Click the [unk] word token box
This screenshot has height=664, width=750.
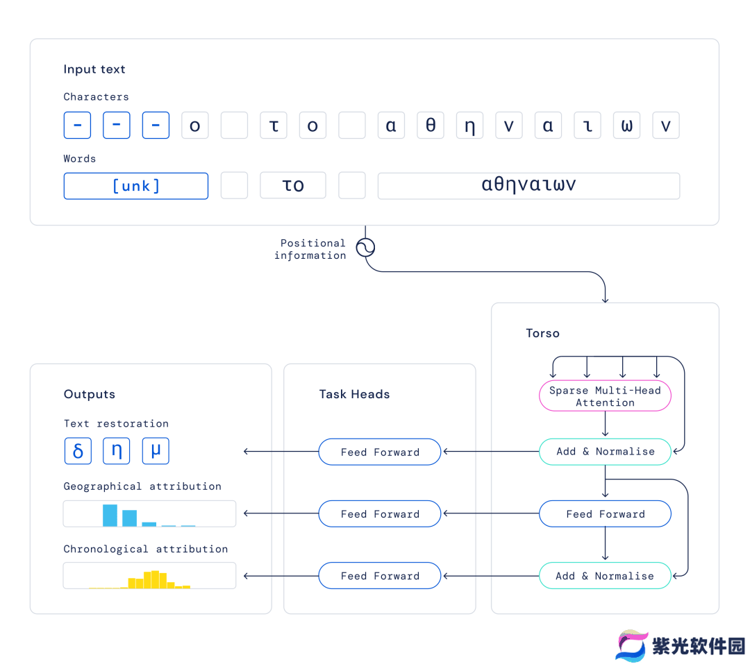pyautogui.click(x=136, y=186)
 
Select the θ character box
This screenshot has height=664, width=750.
pyautogui.click(x=431, y=126)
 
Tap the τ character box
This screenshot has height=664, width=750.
pyautogui.click(x=274, y=126)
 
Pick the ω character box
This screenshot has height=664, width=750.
pyautogui.click(x=626, y=126)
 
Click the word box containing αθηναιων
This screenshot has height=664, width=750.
pyautogui.click(x=528, y=186)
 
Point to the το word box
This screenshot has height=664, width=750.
pyautogui.click(x=293, y=185)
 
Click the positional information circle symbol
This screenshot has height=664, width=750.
pyautogui.click(x=365, y=248)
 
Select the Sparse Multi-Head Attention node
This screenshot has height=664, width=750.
pyautogui.click(x=605, y=395)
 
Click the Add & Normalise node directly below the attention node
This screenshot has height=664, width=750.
pyautogui.click(x=605, y=452)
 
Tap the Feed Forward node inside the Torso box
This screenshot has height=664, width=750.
pyautogui.click(x=605, y=514)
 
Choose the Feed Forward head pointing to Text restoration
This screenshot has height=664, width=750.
pyautogui.click(x=380, y=452)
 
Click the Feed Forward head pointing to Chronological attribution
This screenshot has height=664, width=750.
pyautogui.click(x=380, y=576)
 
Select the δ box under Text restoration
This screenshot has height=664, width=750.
pyautogui.click(x=78, y=451)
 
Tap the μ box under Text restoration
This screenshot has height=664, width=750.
pyautogui.click(x=156, y=451)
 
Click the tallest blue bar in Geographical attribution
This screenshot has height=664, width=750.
pyautogui.click(x=110, y=516)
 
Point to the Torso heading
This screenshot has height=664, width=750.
pyautogui.click(x=542, y=333)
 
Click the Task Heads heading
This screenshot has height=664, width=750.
pyautogui.click(x=354, y=394)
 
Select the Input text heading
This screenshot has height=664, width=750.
pyautogui.click(x=94, y=69)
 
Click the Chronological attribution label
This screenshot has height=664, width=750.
pyautogui.click(x=145, y=549)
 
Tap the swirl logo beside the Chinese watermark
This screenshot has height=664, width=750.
pyautogui.click(x=631, y=646)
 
